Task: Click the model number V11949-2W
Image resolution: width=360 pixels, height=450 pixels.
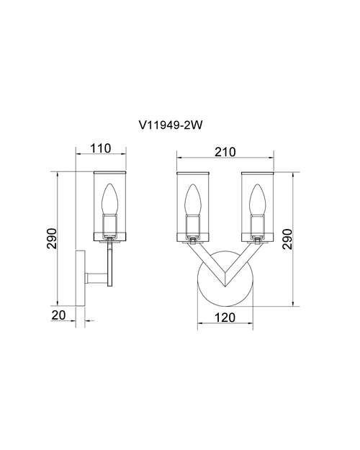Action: pyautogui.click(x=171, y=125)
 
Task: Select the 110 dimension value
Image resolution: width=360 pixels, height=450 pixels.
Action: pyautogui.click(x=101, y=148)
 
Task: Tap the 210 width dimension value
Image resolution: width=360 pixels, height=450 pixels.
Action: pyautogui.click(x=225, y=152)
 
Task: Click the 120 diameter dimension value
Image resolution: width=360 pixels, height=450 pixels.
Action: pyautogui.click(x=225, y=318)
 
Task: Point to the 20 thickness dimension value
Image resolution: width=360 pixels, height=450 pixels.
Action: pyautogui.click(x=59, y=315)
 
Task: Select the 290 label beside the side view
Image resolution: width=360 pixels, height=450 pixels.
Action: pyautogui.click(x=52, y=238)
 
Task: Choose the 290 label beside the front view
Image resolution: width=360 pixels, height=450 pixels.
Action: pyautogui.click(x=287, y=239)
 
